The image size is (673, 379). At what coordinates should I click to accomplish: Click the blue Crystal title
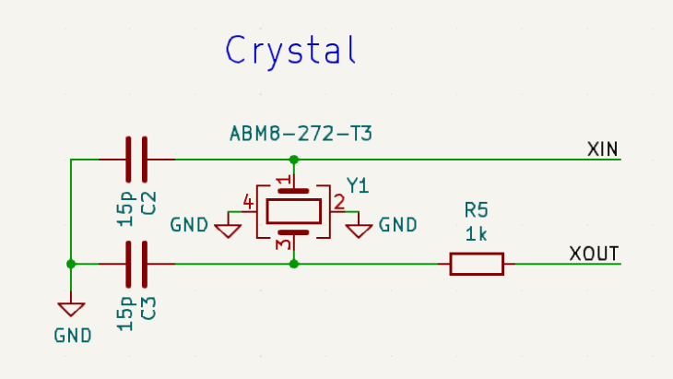point(290,52)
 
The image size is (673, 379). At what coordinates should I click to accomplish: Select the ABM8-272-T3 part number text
point(301,134)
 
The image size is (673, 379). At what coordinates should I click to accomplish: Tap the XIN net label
point(603,149)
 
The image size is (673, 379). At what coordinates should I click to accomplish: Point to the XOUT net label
point(594,254)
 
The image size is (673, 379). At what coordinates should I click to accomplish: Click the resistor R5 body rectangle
point(477,264)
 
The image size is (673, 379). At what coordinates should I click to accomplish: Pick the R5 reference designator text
point(476,210)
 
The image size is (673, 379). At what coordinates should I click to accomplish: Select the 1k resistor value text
point(476,234)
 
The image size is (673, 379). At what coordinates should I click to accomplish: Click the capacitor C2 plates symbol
point(136,160)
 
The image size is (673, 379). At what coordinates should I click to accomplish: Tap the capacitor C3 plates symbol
point(136,264)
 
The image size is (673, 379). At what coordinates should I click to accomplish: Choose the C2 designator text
point(148,203)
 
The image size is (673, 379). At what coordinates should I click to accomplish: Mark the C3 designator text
point(148,308)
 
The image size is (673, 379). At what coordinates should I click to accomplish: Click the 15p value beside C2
point(125,209)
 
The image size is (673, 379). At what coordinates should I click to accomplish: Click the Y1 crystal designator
point(358,186)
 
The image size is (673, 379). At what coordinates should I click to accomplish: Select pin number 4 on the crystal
point(248,202)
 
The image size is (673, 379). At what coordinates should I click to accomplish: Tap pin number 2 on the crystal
point(339,202)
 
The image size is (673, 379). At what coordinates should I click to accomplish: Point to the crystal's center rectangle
point(293,211)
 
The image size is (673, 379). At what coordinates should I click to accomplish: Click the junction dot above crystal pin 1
point(293,160)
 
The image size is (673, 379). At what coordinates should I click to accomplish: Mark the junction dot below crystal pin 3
point(293,264)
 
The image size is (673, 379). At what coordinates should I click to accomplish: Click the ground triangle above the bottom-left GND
point(71,309)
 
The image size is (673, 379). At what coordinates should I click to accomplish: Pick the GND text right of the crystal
point(397,225)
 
